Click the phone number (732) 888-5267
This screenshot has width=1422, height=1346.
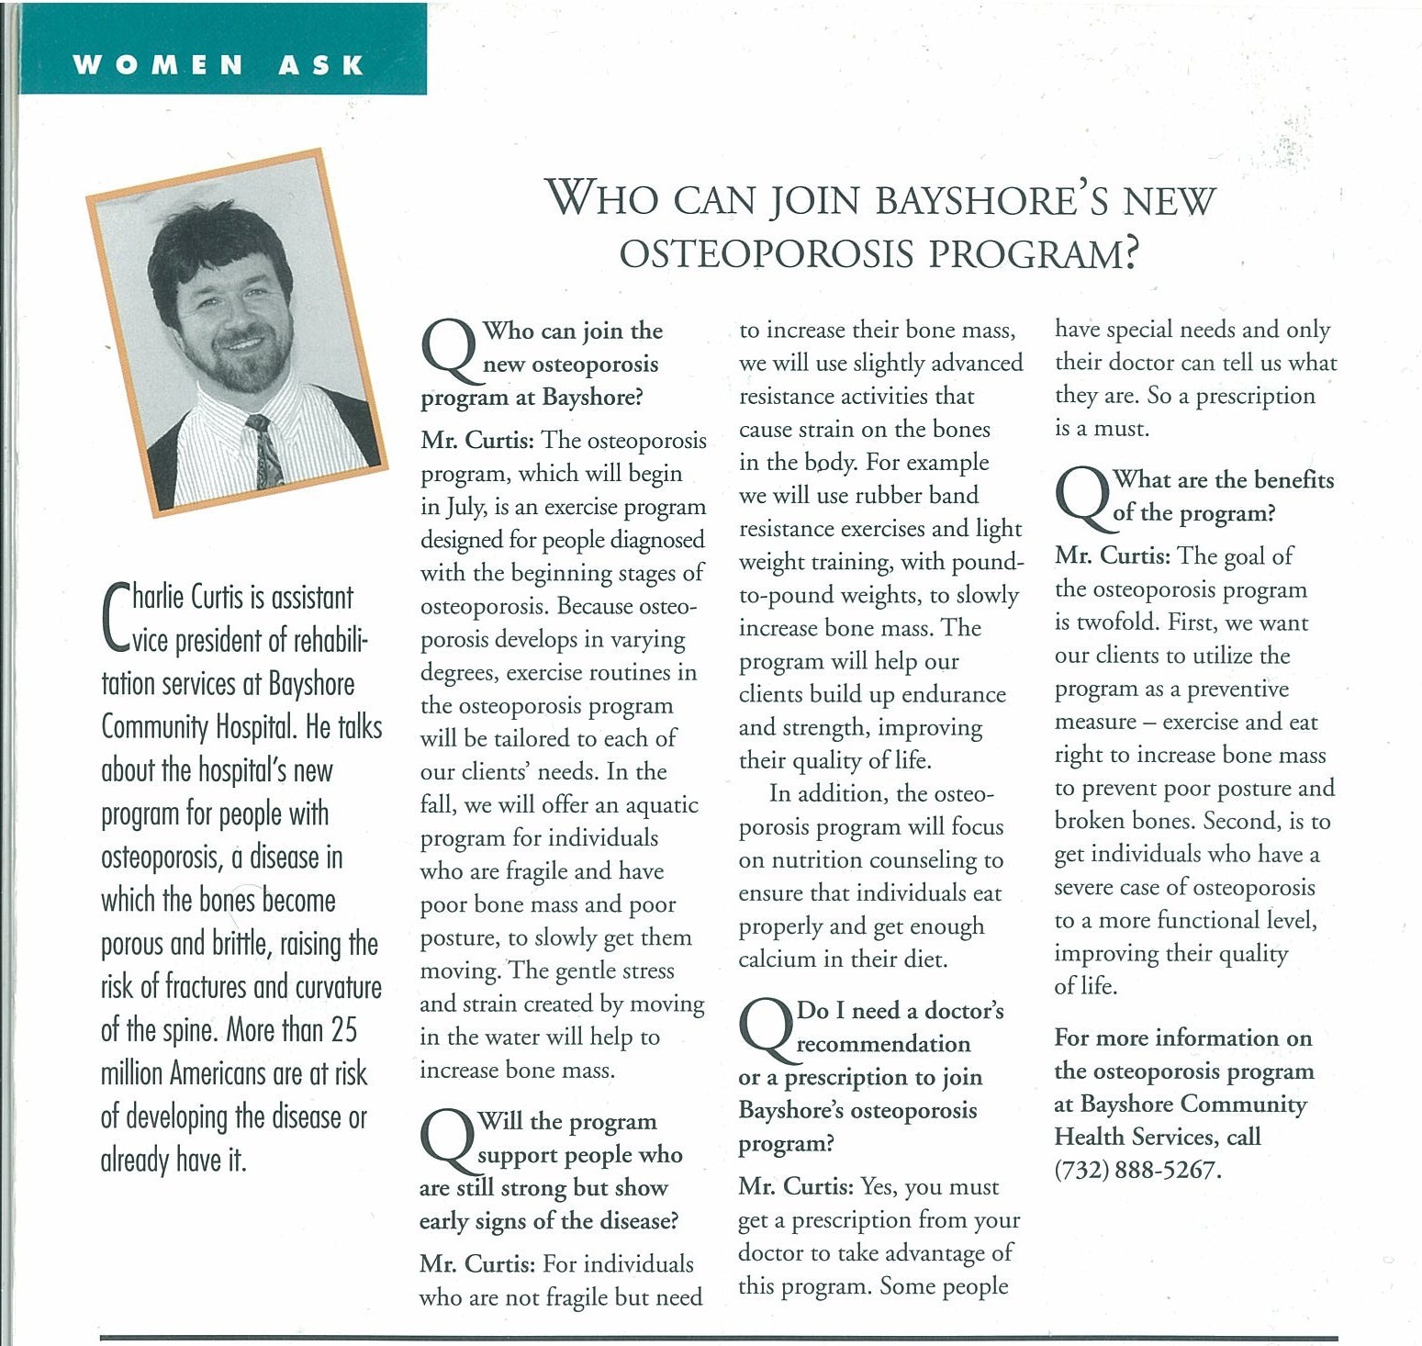pyautogui.click(x=1137, y=1171)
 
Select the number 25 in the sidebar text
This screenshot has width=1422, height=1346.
pyautogui.click(x=343, y=1030)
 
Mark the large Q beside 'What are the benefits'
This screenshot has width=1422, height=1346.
pyautogui.click(x=1083, y=499)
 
